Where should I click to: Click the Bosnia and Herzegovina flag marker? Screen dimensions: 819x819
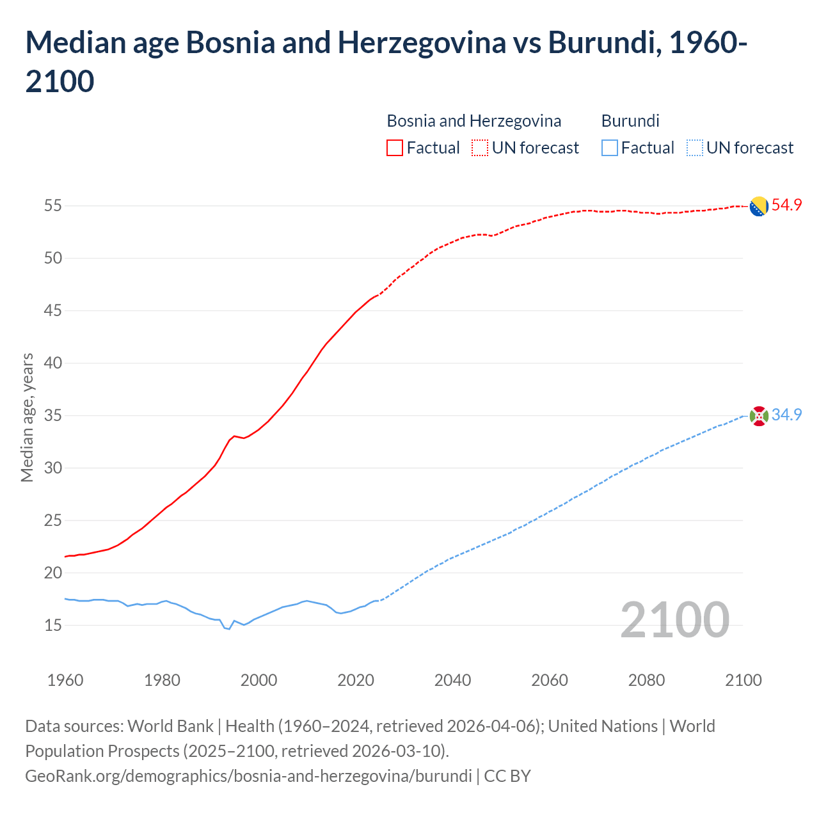pos(758,207)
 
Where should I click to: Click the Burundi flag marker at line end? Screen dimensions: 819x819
pos(758,416)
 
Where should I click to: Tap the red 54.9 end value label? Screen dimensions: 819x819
pos(786,205)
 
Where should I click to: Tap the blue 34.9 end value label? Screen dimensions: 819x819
pos(786,415)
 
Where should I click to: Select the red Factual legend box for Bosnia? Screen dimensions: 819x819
pos(395,148)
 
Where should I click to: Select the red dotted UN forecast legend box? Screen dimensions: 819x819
pos(480,148)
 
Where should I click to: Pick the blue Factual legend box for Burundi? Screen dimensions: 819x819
pos(610,148)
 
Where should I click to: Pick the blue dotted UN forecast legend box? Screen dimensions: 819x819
pos(694,148)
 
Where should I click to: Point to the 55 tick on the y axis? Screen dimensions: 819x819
pos(52,206)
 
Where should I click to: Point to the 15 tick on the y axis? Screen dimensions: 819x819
pos(52,625)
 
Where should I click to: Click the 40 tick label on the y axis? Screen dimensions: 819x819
pos(52,363)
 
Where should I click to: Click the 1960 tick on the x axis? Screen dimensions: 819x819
pos(65,680)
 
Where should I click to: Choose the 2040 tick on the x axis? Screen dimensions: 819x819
pos(452,680)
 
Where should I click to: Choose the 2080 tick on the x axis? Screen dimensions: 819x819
pos(646,680)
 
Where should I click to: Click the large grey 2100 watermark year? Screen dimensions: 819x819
pos(675,620)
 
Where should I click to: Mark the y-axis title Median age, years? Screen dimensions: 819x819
pos(27,417)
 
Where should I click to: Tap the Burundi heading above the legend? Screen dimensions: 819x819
pos(630,121)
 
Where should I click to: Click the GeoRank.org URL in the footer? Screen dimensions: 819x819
pos(248,776)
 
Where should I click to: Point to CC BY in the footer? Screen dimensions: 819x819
pos(507,776)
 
